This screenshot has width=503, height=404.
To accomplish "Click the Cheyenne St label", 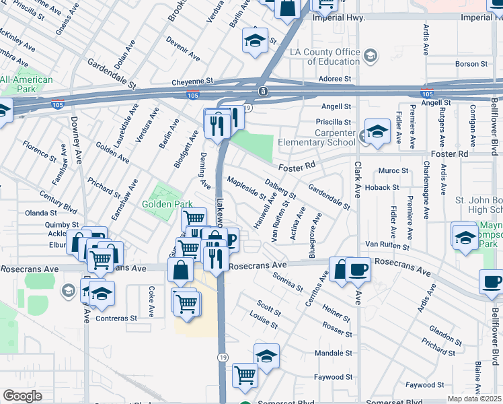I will coord(192,80).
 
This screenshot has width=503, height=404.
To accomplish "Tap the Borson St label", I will coord(471,64).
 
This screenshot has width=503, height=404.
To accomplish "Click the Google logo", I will coord(22,396).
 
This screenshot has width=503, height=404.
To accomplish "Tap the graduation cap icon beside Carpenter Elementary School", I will coord(377,132).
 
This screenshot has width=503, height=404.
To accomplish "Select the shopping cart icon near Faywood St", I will coord(245,374).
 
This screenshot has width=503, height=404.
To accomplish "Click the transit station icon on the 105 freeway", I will coord(264,91).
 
